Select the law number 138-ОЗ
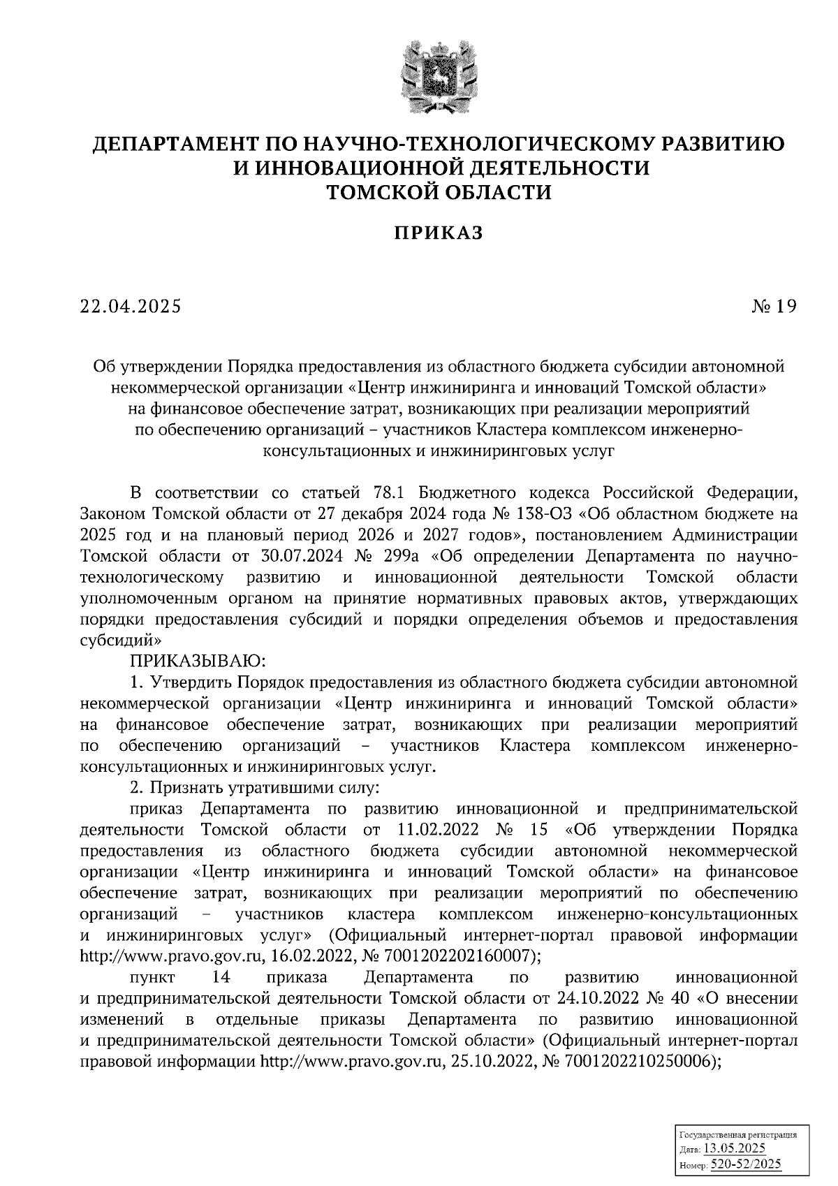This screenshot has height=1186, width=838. coord(543,514)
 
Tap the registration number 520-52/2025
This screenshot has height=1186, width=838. coord(746,1164)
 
